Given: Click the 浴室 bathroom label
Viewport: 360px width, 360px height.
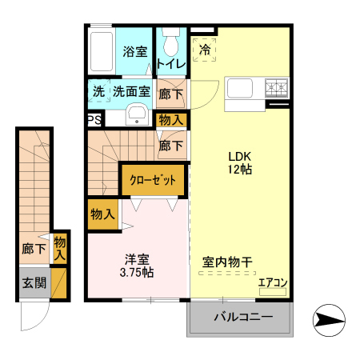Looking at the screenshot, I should point(134,52).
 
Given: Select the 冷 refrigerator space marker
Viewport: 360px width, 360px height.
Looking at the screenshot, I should point(204,49).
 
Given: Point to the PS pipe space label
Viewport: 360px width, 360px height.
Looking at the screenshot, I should point(94,120).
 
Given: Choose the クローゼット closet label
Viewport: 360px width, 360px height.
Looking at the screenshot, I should point(153,180).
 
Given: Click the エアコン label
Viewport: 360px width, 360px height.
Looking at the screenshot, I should point(273,282).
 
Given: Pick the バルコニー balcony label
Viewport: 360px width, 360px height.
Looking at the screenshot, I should point(242,318).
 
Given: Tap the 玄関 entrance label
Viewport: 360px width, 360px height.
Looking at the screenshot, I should point(34,282).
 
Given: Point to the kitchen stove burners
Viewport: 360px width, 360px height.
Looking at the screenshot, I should point(275,86).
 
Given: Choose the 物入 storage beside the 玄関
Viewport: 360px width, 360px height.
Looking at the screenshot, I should point(59,248).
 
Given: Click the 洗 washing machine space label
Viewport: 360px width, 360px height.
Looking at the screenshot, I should point(98,91).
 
